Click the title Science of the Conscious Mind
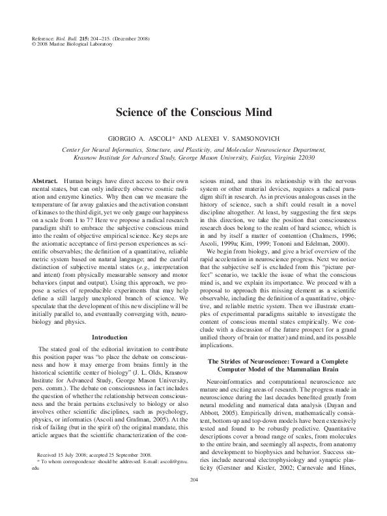[x=193, y=111]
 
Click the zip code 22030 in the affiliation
[x=327, y=157]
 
